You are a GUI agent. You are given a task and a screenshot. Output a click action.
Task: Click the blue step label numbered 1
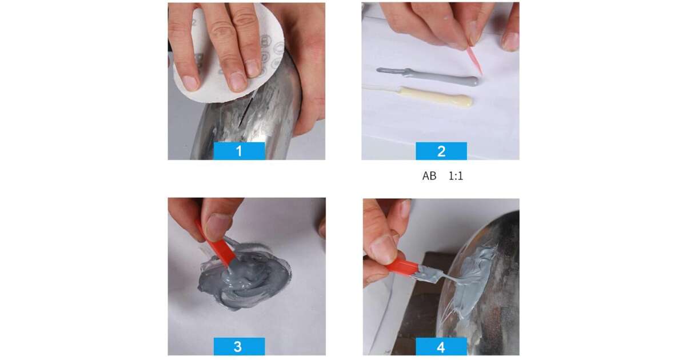tap(239, 151)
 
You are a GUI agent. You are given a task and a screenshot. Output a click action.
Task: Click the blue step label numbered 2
tap(441, 151)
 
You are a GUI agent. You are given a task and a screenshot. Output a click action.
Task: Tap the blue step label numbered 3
tap(239, 346)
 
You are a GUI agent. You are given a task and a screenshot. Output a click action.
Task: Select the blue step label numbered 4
tap(441, 346)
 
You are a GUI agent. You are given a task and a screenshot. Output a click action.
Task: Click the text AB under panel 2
tap(429, 176)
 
